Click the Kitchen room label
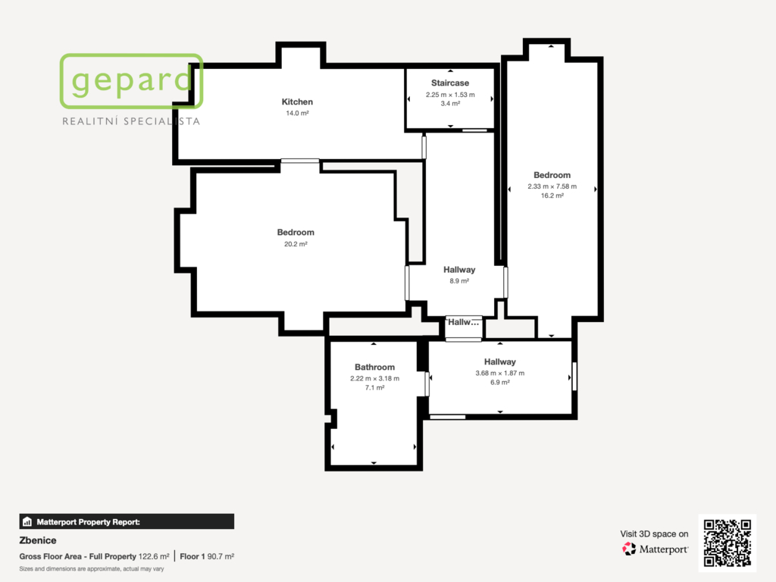coord(297,102)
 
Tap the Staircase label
coord(450,83)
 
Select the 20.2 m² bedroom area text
coord(296,244)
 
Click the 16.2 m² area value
coord(552,196)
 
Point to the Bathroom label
coord(374,368)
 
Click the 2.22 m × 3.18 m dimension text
coord(374,379)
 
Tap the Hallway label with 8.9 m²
coord(459,270)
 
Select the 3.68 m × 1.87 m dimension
coord(500,373)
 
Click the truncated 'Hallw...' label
coord(463,322)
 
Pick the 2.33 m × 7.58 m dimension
coord(552,186)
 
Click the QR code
coord(727,543)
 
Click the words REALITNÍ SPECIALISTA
coord(131,121)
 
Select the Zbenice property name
coord(38,540)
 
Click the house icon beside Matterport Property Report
coord(27,521)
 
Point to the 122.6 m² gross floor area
coord(153,556)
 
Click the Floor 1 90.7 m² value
coord(207,556)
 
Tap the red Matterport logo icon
coord(629,549)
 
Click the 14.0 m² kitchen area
coord(297,114)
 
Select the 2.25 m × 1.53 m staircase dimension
coord(450,95)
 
